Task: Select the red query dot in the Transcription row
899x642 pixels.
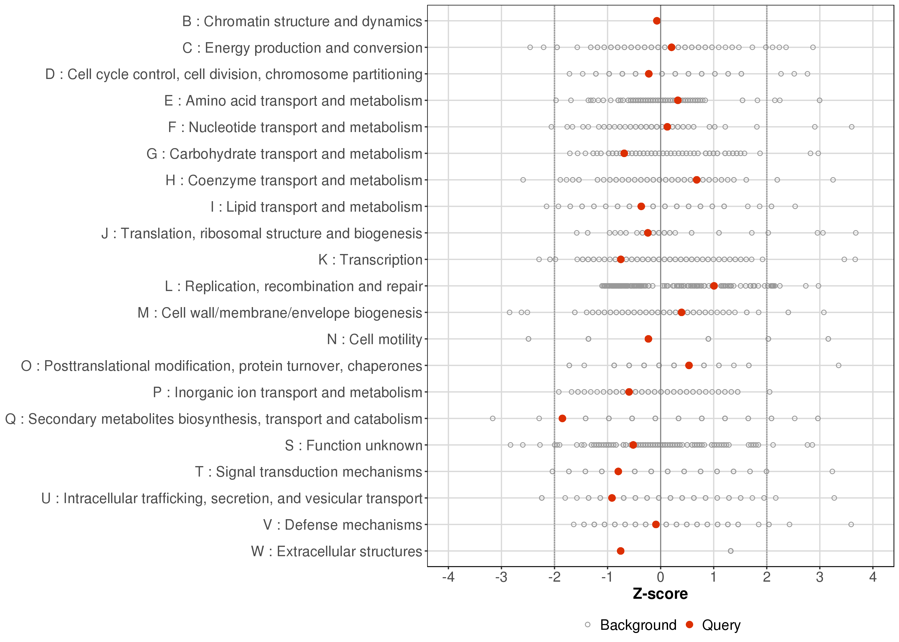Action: tap(621, 259)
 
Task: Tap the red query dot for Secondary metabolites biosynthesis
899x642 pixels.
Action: tap(562, 418)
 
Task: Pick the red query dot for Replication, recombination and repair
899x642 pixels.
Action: tap(714, 286)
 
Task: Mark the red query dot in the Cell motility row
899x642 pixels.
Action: tap(648, 339)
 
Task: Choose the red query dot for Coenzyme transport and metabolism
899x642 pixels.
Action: tap(697, 180)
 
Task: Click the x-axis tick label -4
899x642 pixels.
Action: tap(448, 578)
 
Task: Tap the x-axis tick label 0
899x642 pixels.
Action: tap(661, 578)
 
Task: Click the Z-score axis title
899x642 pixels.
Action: tap(660, 594)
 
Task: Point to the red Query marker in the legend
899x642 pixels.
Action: tap(690, 625)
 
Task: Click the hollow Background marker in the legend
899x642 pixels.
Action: tap(588, 625)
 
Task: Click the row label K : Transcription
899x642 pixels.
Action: tap(371, 260)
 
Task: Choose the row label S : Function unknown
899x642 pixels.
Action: tap(353, 446)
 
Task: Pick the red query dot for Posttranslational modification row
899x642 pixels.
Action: tap(689, 365)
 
